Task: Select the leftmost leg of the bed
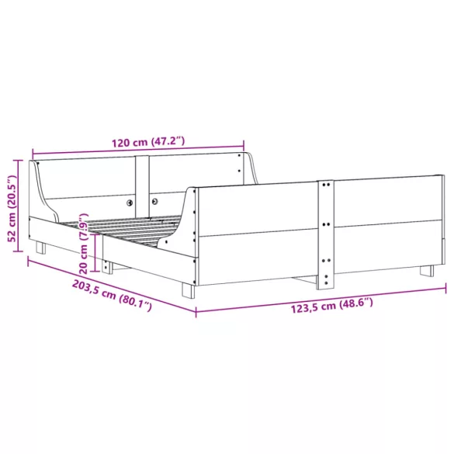point(40,248)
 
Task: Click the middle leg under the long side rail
point(108,266)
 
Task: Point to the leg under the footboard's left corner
point(188,291)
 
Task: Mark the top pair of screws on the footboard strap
point(327,186)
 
